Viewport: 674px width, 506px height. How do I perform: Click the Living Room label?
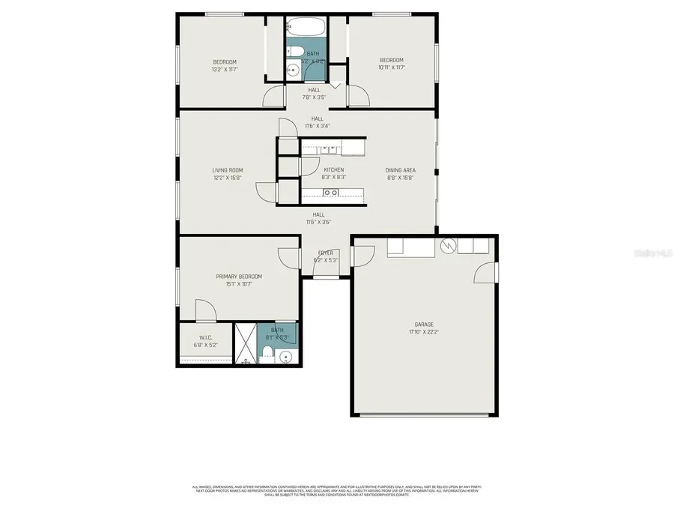coord(227,170)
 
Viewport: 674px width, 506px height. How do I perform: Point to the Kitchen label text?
coord(333,170)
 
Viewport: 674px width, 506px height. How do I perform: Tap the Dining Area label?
coord(401,170)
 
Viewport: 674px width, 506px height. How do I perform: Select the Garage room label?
coord(424,325)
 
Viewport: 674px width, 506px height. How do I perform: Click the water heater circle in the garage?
coord(449,246)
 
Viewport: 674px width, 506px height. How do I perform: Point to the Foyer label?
coord(326,253)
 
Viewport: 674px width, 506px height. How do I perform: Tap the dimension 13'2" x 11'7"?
coord(225,68)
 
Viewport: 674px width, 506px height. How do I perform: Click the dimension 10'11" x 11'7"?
coord(391,67)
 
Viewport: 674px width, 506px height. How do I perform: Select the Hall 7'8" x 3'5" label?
coord(314,97)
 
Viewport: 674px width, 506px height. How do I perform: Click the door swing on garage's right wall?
coord(485,274)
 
